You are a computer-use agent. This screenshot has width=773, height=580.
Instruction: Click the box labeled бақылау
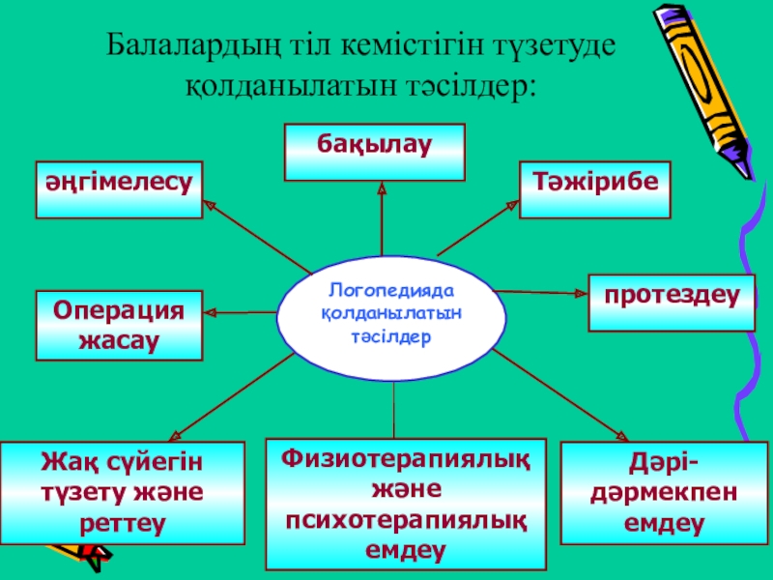click(x=374, y=152)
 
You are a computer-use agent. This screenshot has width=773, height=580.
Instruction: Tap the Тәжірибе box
click(x=595, y=189)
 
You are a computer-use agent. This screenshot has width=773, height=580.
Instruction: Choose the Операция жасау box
click(x=119, y=325)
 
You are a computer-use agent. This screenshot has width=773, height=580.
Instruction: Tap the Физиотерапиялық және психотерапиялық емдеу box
click(x=406, y=502)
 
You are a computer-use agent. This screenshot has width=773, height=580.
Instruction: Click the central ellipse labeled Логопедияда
click(x=391, y=314)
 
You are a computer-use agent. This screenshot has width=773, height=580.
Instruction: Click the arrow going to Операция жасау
click(x=242, y=311)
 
